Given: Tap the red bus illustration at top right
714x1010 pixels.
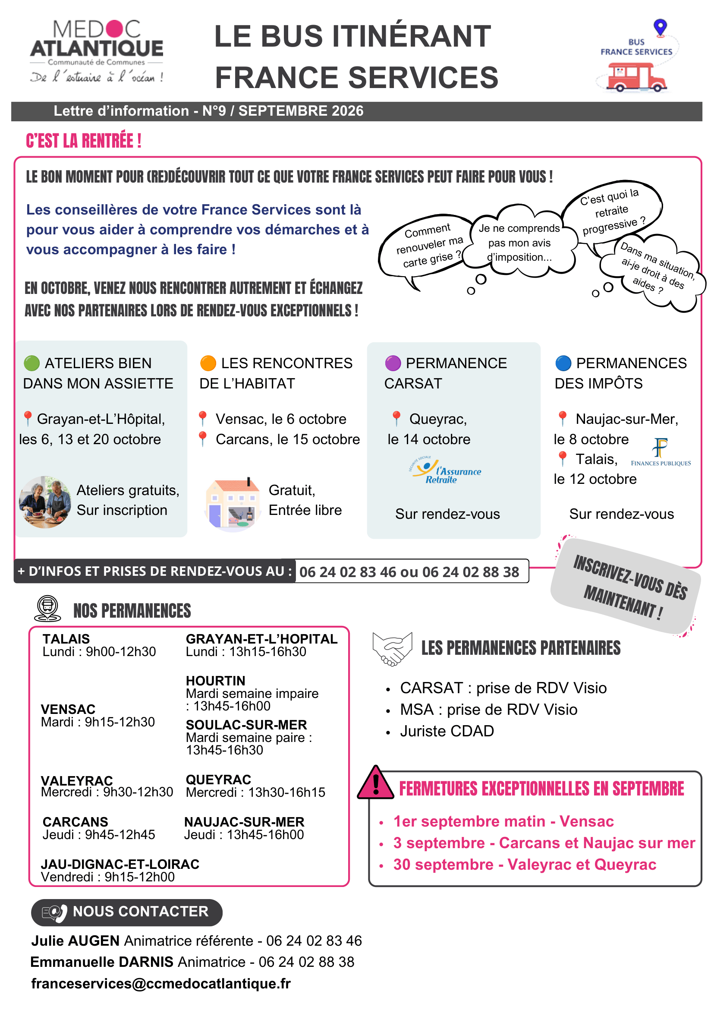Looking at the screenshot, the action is point(637,77).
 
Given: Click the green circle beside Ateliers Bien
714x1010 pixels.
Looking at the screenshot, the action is point(31,363).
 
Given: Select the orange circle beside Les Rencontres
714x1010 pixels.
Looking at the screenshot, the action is point(208,363).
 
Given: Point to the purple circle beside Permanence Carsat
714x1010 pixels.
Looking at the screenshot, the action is point(393,363).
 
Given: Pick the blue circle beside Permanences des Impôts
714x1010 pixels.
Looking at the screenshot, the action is point(563,363).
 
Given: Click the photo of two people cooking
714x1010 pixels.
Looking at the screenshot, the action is point(45,502).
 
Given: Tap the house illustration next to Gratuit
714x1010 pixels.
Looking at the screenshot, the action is point(233,504).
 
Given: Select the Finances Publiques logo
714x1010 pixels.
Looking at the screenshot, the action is point(661,452).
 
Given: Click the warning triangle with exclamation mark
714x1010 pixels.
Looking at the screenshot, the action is point(375,783).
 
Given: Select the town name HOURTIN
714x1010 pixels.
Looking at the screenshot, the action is point(215,681).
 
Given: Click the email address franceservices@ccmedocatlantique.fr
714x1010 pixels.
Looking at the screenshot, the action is point(161,983).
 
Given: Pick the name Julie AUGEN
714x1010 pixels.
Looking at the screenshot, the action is point(75,941).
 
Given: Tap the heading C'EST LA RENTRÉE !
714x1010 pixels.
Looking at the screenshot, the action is point(84,141).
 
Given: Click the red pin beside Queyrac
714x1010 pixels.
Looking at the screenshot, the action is point(396,418).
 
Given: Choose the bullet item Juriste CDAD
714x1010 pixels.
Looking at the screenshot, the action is point(447,731).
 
